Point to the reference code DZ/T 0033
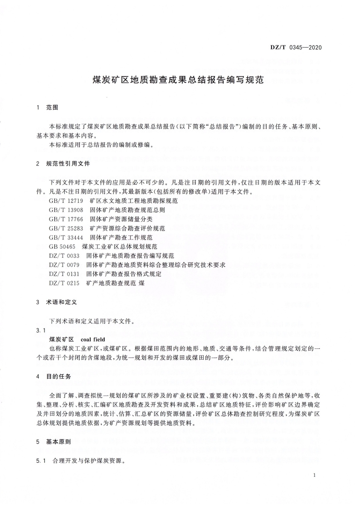[x=64, y=256]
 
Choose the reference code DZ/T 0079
[x=64, y=265]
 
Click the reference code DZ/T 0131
[x=64, y=274]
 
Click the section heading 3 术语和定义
[x=62, y=302]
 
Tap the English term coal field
[x=92, y=339]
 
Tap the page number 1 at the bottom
[x=314, y=475]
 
